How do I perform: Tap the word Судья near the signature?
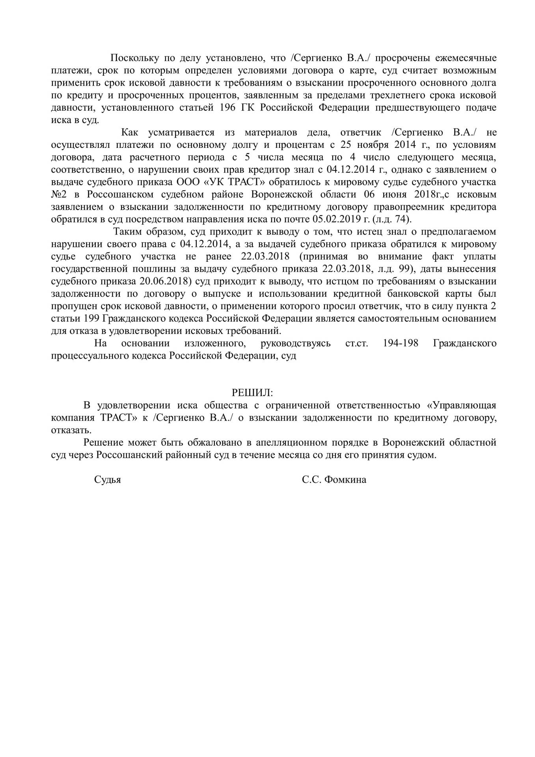point(107,480)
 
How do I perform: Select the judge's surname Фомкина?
point(345,480)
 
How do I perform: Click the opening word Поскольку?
point(134,58)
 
